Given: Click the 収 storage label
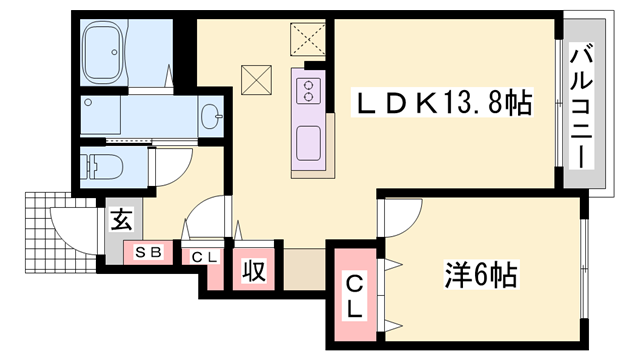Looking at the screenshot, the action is click(252, 269).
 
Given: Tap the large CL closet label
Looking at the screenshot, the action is click(355, 296).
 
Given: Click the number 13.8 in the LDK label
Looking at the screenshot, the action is click(471, 103).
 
